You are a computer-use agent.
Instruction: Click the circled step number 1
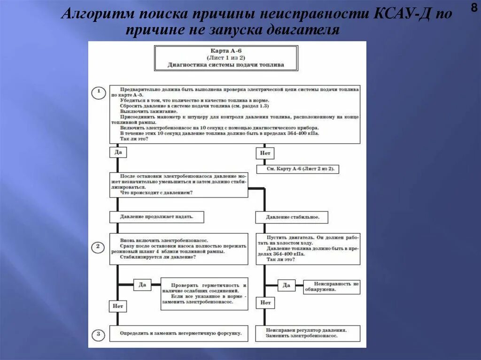(98, 92)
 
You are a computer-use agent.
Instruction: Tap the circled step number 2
(98, 247)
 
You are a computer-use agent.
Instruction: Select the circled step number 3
(98, 334)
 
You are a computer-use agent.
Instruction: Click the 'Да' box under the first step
(118, 153)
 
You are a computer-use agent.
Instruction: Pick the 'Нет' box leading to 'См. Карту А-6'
(265, 153)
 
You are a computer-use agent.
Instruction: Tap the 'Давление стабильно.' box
(292, 217)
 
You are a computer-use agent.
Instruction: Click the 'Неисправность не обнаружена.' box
(332, 286)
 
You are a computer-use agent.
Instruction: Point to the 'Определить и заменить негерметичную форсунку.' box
(178, 333)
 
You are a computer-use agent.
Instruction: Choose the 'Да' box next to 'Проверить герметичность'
(142, 284)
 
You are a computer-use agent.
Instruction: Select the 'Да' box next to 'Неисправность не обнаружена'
(286, 285)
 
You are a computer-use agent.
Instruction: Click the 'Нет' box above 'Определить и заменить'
(118, 306)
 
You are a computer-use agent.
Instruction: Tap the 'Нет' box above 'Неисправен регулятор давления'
(265, 303)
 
